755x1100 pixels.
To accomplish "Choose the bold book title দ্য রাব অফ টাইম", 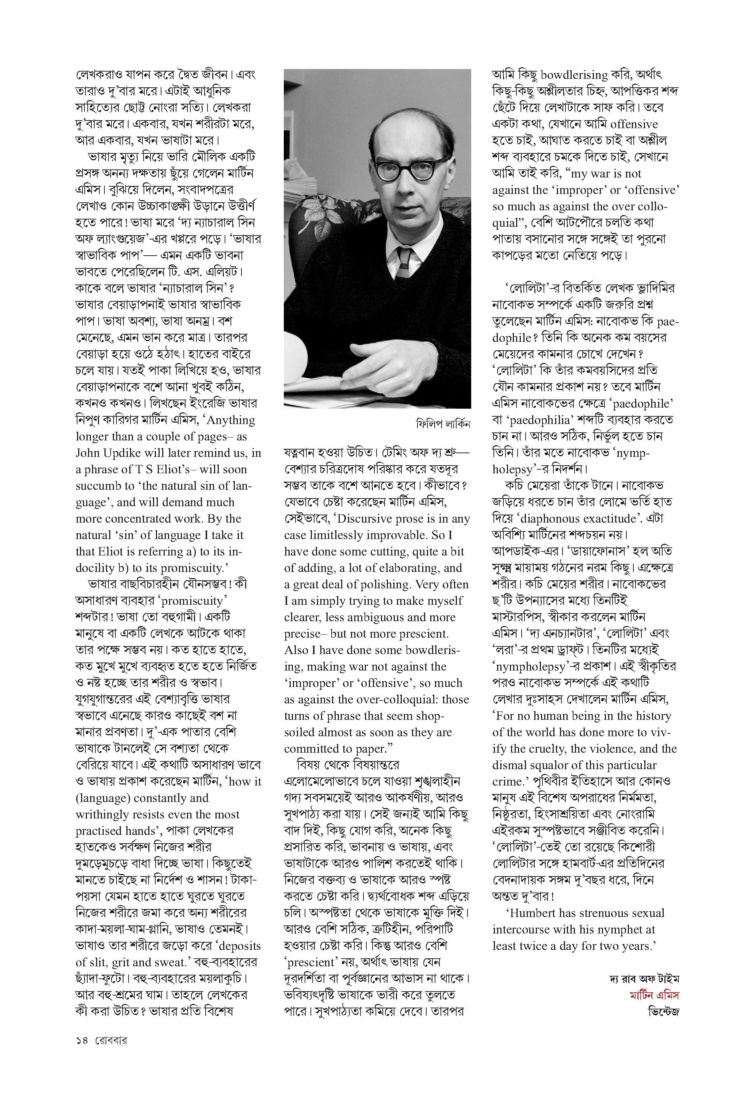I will click(x=644, y=979).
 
